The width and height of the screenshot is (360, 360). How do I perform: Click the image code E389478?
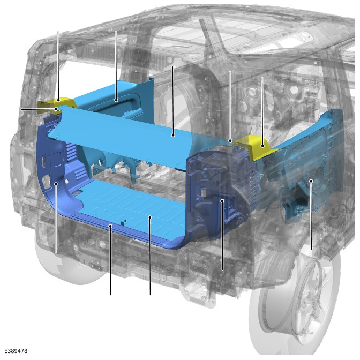tap(16, 351)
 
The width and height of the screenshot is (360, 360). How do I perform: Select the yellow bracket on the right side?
tap(255, 147)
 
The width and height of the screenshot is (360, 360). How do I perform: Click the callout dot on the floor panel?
tap(150, 217)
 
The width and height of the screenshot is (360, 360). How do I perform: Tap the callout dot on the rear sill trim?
tap(110, 227)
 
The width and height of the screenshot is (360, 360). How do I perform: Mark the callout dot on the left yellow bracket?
tap(58, 100)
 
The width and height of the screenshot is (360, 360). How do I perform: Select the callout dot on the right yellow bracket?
tap(262, 146)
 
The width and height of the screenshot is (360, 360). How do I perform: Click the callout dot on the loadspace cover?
tap(173, 136)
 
